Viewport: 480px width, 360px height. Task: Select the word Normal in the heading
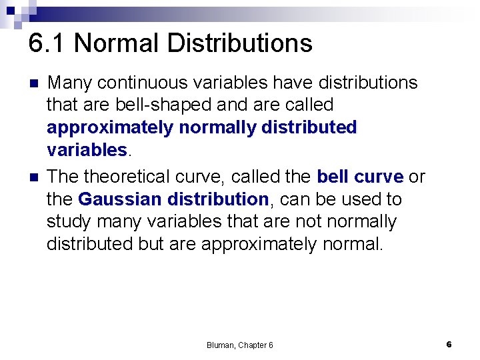[117, 43]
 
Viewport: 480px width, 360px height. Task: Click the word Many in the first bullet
[70, 83]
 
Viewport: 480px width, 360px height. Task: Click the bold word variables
[86, 150]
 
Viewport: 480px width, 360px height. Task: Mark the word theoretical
[131, 177]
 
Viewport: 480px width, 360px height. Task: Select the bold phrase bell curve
[360, 177]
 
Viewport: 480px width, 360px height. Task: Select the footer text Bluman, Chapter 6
[239, 345]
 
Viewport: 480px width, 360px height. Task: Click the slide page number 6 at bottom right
[449, 344]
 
